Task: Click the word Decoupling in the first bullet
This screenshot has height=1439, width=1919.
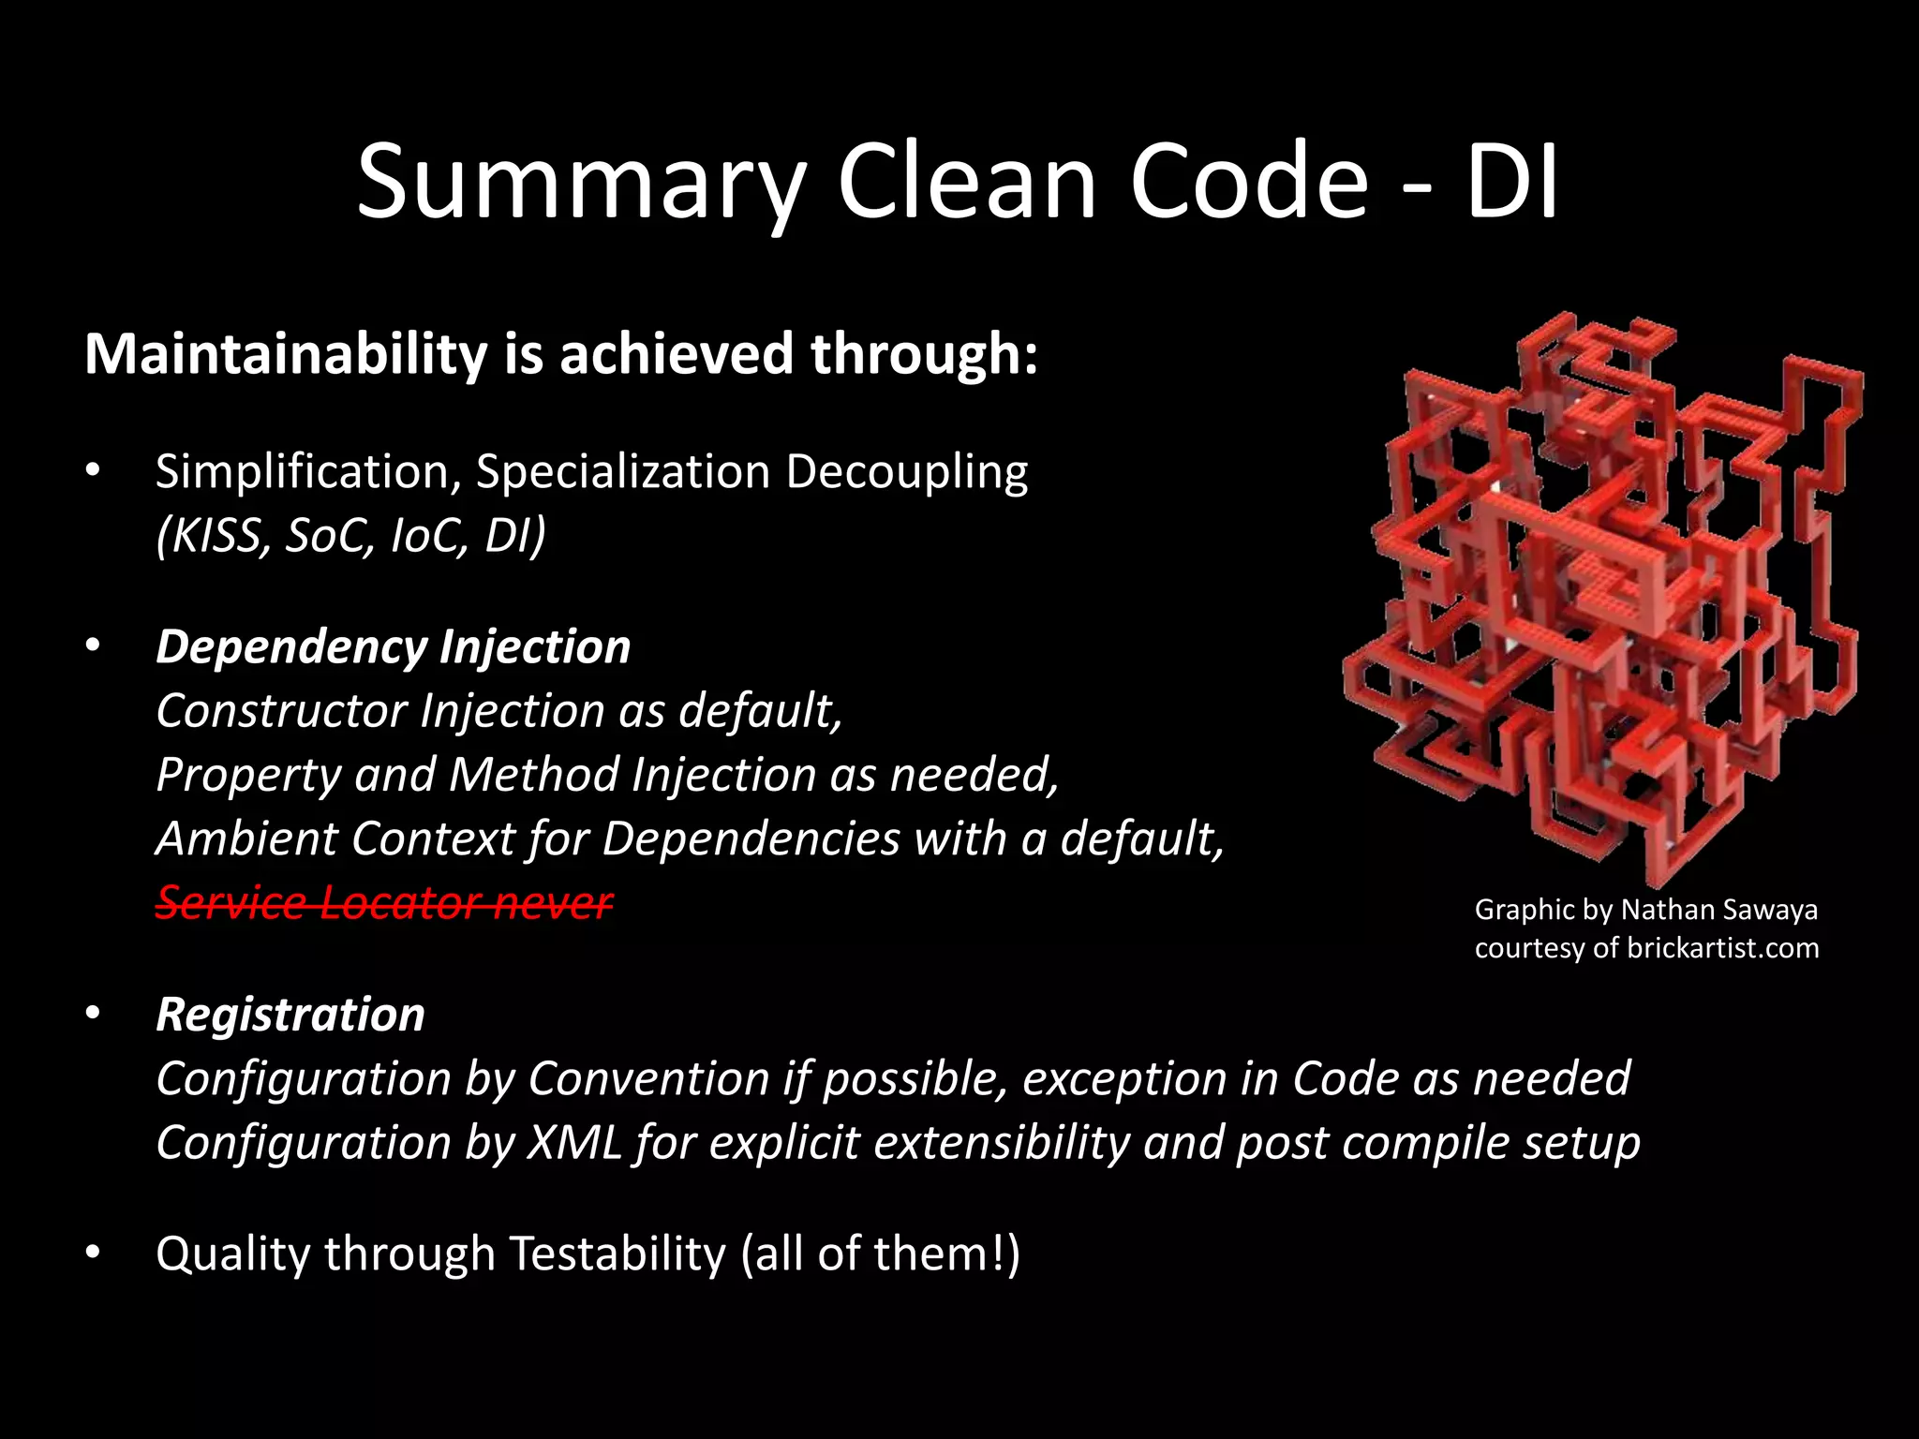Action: pos(906,471)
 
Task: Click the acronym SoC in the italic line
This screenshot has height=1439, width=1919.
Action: pos(324,536)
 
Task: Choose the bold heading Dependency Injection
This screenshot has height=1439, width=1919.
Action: pos(394,647)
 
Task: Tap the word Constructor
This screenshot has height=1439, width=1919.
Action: pos(282,711)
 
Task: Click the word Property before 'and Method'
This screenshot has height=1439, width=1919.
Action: pos(248,776)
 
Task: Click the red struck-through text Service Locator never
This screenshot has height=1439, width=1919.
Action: pos(384,902)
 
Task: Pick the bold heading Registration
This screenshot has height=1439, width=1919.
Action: pos(290,1016)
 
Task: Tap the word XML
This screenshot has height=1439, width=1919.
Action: pos(574,1143)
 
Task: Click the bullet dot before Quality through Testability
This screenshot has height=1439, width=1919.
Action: pos(92,1254)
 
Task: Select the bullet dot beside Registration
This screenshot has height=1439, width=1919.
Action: pos(92,1014)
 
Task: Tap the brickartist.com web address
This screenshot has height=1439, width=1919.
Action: pos(1722,948)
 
